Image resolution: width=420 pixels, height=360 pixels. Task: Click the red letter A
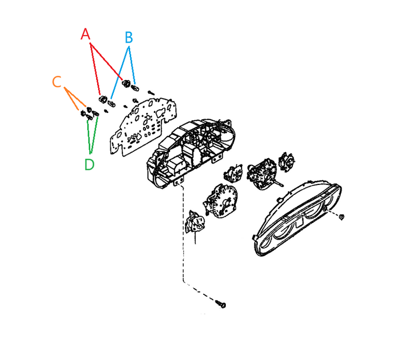[86, 35]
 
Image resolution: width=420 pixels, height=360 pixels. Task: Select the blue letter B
[129, 37]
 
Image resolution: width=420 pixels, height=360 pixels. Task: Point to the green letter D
[89, 164]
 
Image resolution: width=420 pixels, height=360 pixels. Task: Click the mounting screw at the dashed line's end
[222, 304]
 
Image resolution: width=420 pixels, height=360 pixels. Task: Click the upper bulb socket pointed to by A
[126, 83]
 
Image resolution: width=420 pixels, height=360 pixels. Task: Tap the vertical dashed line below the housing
[183, 236]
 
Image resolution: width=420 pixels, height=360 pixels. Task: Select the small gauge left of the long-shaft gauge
[232, 173]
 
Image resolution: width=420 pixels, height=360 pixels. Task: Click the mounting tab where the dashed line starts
[180, 181]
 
